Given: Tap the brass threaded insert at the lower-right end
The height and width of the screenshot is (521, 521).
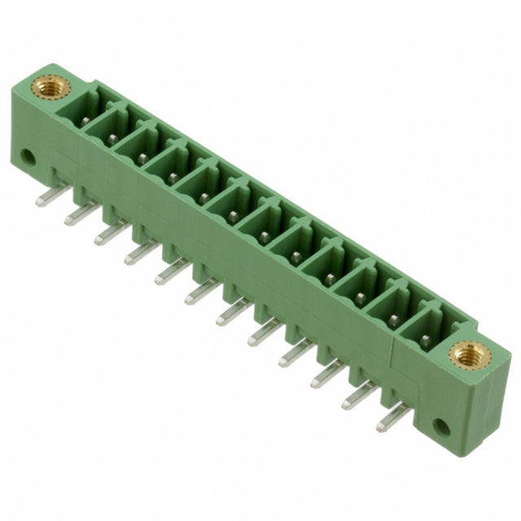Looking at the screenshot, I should [466, 354].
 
